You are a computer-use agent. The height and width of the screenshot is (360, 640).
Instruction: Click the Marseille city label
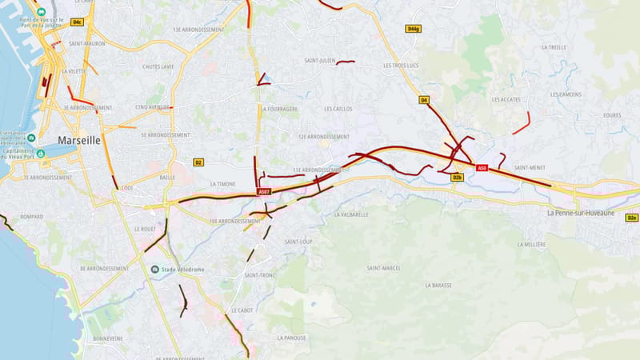click(78, 140)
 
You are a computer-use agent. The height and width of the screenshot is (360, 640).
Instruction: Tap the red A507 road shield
click(264, 192)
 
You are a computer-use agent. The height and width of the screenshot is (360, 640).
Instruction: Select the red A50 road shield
click(482, 168)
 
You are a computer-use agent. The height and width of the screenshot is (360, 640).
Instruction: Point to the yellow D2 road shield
click(198, 162)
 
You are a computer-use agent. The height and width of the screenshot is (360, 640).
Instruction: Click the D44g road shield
click(413, 29)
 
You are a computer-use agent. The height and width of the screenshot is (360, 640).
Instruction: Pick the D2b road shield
click(457, 178)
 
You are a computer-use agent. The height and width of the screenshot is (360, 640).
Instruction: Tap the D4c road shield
click(77, 22)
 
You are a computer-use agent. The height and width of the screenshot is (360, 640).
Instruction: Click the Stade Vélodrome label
click(182, 270)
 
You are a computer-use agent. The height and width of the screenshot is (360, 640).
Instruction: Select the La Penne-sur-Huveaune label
click(580, 214)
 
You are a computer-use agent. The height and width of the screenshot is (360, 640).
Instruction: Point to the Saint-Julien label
click(318, 61)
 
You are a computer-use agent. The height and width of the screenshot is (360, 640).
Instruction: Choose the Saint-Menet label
click(530, 167)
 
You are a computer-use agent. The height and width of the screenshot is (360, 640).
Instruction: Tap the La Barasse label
click(438, 285)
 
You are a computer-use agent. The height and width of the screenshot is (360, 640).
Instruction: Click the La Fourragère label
click(279, 109)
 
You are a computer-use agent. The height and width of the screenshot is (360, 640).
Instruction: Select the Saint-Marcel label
click(384, 268)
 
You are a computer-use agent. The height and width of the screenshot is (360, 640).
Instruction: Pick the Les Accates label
click(506, 99)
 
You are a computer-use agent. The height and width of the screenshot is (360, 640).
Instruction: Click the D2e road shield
click(631, 218)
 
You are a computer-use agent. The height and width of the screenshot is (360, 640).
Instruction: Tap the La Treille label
click(553, 47)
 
